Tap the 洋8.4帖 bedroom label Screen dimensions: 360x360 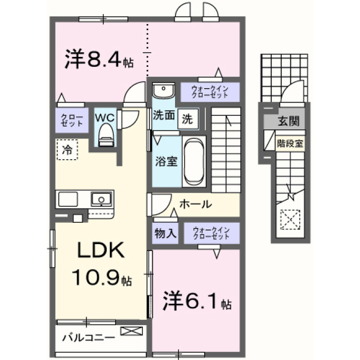[x=99, y=59]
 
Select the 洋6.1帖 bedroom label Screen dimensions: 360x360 [x=197, y=301]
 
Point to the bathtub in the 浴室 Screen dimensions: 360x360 [x=194, y=161]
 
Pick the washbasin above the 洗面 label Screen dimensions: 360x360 [x=164, y=90]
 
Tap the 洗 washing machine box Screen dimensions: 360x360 [x=188, y=119]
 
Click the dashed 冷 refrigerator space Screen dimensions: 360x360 [x=67, y=150]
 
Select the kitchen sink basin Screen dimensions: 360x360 [x=101, y=199]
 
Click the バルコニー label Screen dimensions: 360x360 [x=89, y=337]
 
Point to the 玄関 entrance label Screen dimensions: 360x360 [x=289, y=121]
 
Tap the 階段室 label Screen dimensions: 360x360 [x=290, y=144]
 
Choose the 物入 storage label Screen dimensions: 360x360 [x=165, y=233]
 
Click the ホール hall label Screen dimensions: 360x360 [x=195, y=204]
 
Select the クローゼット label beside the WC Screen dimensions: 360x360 [x=71, y=120]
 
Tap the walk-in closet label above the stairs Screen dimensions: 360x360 [x=210, y=92]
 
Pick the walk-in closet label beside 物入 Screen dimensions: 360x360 [x=211, y=233]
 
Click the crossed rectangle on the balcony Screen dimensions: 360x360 [x=132, y=331]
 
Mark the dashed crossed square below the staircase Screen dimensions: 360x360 [x=290, y=219]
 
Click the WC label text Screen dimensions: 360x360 [x=105, y=118]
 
